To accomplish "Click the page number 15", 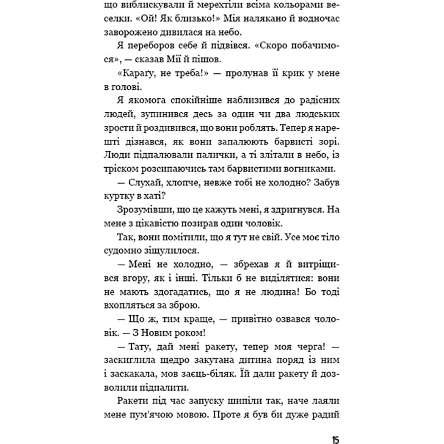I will point(336,425).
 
